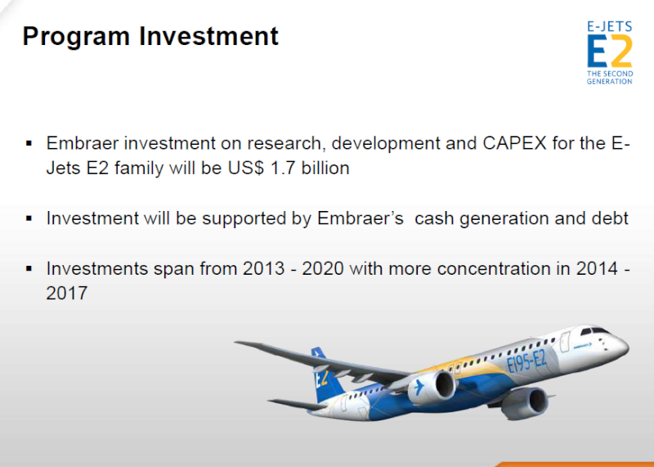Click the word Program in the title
pos(76,37)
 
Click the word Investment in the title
pos(208,36)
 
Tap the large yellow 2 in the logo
pos(620,51)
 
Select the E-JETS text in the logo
pos(609,27)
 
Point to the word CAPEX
pos(514,143)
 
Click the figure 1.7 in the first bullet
pos(283,168)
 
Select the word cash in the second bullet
pos(434,218)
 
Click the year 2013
pos(263,268)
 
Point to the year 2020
pos(323,268)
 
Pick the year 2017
pos(67,293)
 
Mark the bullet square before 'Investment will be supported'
pos(29,218)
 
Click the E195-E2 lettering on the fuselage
pos(527,361)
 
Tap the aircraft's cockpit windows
pos(595,331)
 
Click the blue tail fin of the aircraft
pos(325,375)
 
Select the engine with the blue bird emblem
pos(432,387)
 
